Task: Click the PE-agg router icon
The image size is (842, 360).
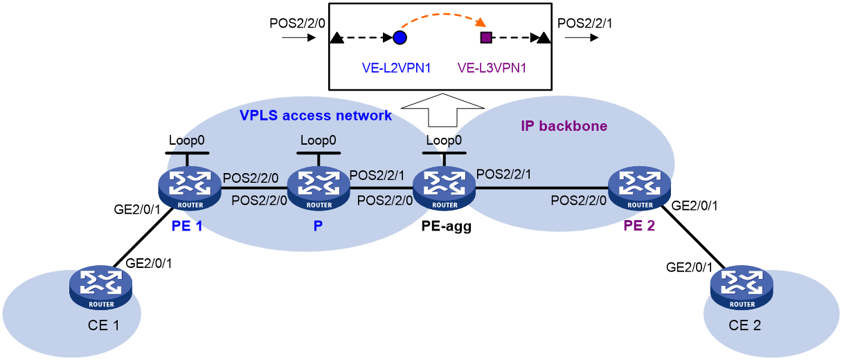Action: point(444,188)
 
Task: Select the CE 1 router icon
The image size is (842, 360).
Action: point(100,287)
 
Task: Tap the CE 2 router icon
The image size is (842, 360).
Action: point(742,287)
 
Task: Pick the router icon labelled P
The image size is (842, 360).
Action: point(319,188)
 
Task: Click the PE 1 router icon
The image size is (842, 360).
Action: point(190,188)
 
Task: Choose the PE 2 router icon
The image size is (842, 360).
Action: point(639,188)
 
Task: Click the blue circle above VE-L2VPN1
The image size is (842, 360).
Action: point(400,37)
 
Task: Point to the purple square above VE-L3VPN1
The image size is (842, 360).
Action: point(486,37)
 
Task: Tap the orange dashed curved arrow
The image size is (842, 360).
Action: point(445,15)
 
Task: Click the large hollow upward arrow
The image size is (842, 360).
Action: point(442,110)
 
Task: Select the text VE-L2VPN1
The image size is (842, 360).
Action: point(396,68)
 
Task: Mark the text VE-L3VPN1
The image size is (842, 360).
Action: point(492,68)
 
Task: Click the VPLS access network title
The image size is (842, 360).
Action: point(316,116)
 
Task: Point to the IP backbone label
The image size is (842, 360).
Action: point(564,126)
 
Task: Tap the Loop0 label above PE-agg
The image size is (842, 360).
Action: point(444,140)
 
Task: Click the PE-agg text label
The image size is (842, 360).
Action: point(446,226)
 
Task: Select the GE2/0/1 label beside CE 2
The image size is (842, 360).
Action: point(689,267)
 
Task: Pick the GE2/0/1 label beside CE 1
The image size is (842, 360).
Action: point(148,264)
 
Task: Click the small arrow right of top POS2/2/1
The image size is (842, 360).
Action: point(581,37)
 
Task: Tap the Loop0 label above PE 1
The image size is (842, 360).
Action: point(186,140)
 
